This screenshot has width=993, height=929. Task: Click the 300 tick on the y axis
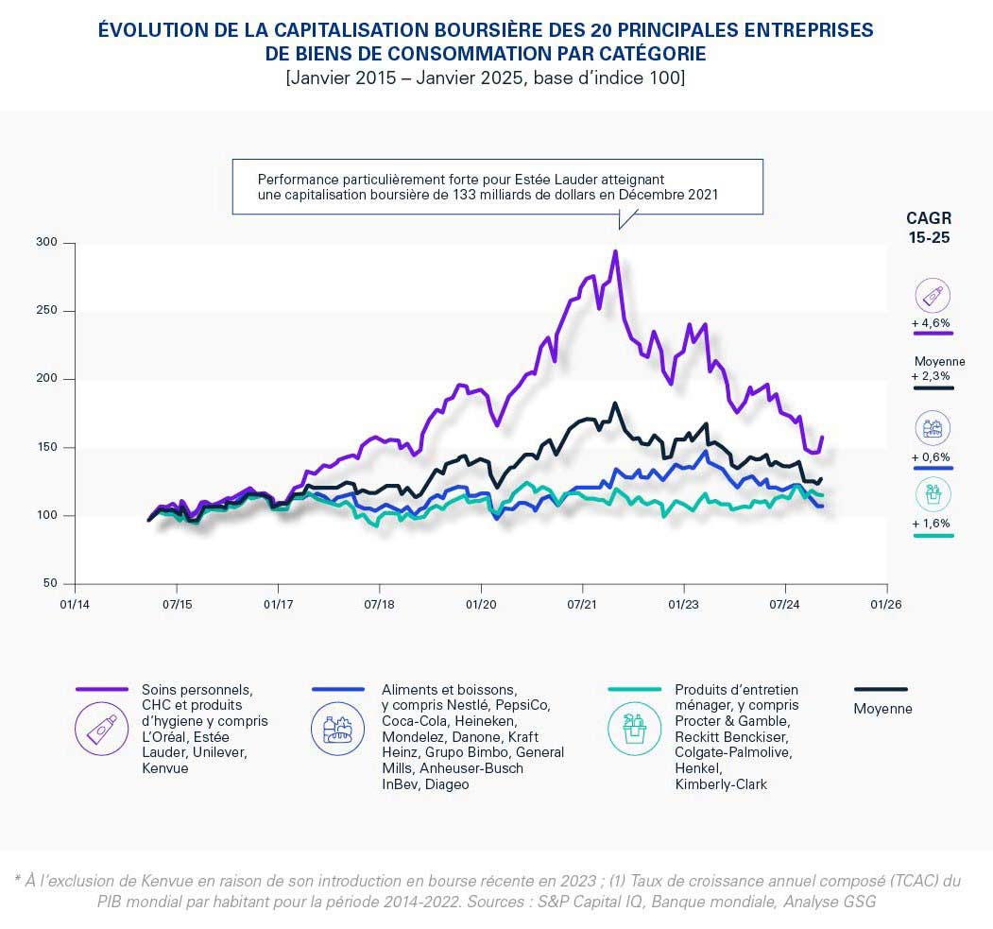[47, 243]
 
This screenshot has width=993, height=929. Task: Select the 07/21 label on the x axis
[582, 602]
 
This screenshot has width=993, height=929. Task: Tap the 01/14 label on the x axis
[75, 602]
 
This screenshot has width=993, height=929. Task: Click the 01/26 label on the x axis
[885, 602]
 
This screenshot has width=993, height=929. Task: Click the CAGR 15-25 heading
[930, 228]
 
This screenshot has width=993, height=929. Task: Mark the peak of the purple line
[615, 251]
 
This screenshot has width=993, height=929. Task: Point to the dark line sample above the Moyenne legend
[881, 689]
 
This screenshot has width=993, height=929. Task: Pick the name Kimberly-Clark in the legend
[721, 784]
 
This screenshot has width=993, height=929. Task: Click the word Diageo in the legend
[446, 784]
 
